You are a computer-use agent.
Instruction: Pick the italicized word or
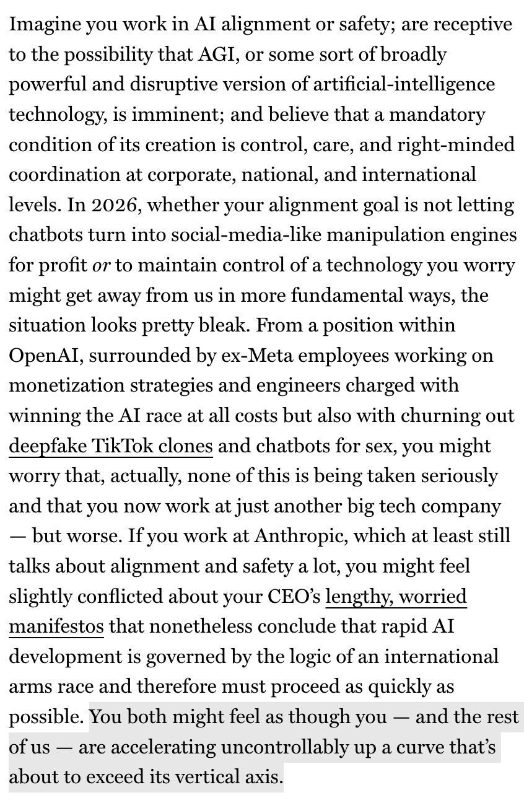click(x=100, y=266)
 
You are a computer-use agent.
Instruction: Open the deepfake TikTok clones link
click(x=110, y=446)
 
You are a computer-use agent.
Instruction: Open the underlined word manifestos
click(x=56, y=627)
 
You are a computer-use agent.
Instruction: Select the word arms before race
click(x=33, y=687)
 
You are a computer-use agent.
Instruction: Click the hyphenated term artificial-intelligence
click(x=404, y=84)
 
